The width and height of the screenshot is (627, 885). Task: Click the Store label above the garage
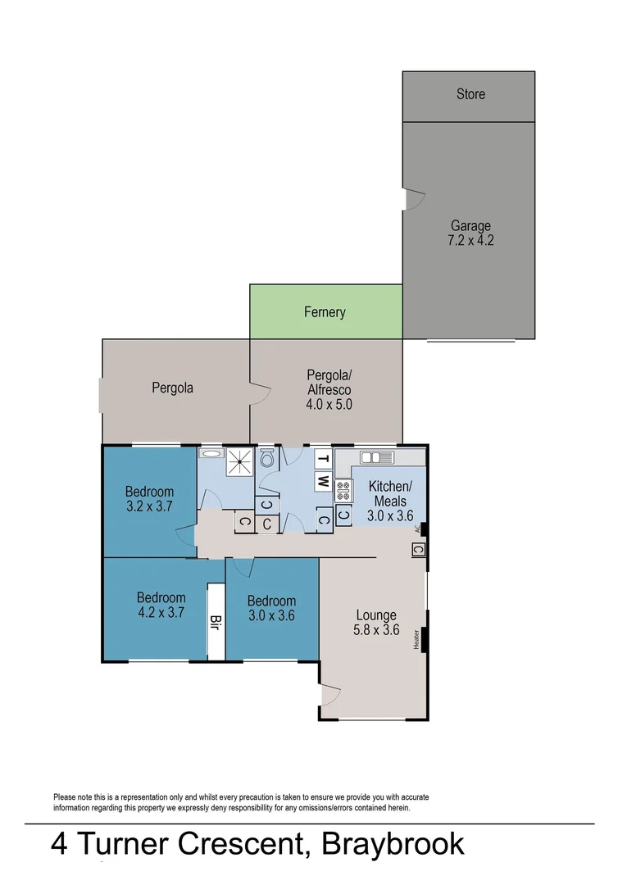pyautogui.click(x=470, y=94)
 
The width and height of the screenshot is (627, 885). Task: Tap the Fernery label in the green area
pyautogui.click(x=325, y=312)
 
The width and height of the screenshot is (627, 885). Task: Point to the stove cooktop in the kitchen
pyautogui.click(x=343, y=490)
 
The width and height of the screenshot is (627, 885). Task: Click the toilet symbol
pyautogui.click(x=266, y=460)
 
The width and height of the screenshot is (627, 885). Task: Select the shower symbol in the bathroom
pyautogui.click(x=239, y=461)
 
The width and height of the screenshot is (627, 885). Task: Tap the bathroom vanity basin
pyautogui.click(x=211, y=453)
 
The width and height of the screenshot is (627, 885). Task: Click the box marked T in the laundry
pyautogui.click(x=324, y=459)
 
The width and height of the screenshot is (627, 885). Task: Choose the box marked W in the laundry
pyautogui.click(x=324, y=480)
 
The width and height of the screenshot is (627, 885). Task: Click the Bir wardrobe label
pyautogui.click(x=216, y=620)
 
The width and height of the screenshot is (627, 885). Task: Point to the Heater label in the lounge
pyautogui.click(x=417, y=639)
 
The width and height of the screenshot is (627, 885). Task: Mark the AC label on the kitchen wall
pyautogui.click(x=417, y=529)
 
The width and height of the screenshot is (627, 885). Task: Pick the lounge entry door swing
pyautogui.click(x=330, y=695)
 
